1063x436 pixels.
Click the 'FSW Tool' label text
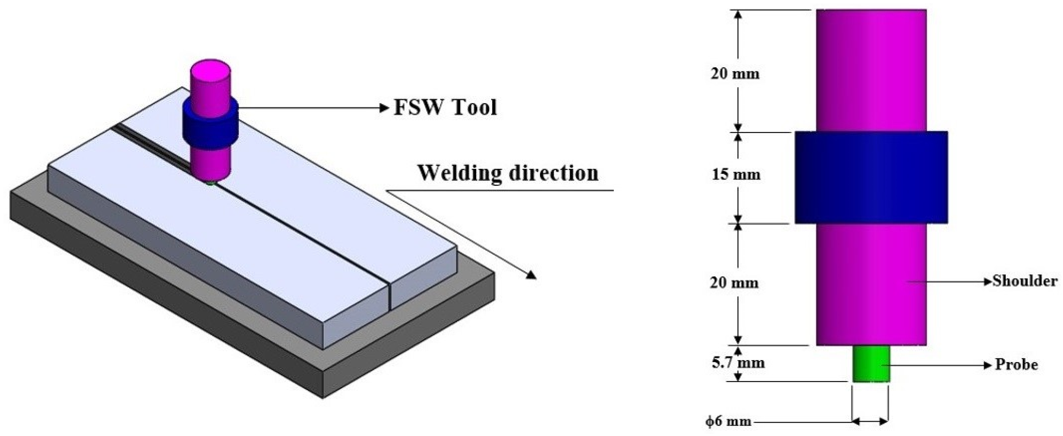445,107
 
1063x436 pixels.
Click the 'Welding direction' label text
508,173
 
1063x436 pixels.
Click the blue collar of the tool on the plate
210,124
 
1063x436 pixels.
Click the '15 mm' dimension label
736,175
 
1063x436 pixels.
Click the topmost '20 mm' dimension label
735,74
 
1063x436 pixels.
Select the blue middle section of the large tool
871,178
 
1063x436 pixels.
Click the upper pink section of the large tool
871,70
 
